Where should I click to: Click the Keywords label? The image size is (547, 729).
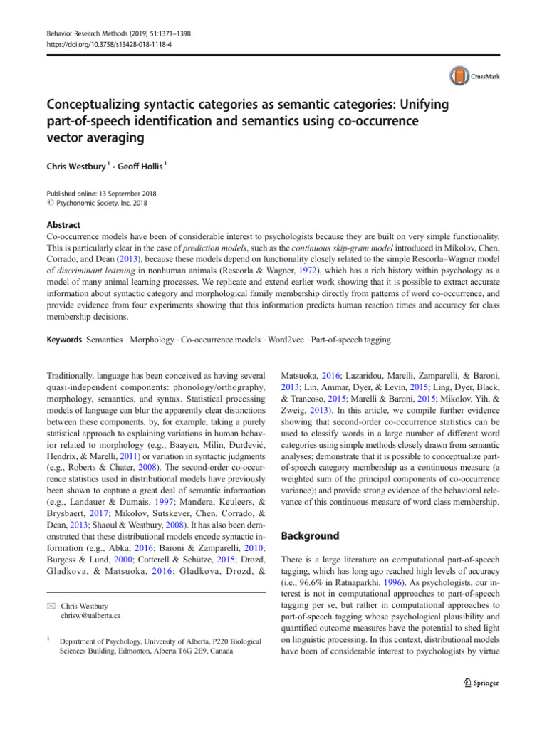click(64, 340)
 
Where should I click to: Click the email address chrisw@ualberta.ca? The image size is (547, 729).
click(90, 594)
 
